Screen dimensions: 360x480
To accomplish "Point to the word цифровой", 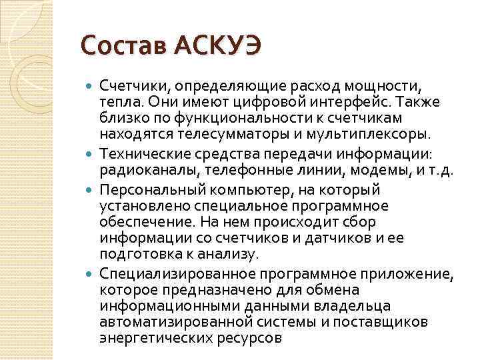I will coord(250,102).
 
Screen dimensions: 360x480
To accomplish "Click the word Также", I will coord(408,102).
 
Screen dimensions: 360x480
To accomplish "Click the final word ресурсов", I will coord(250,338).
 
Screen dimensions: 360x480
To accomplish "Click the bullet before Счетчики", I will coord(91,86).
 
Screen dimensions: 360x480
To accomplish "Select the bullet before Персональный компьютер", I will coord(91,189).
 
